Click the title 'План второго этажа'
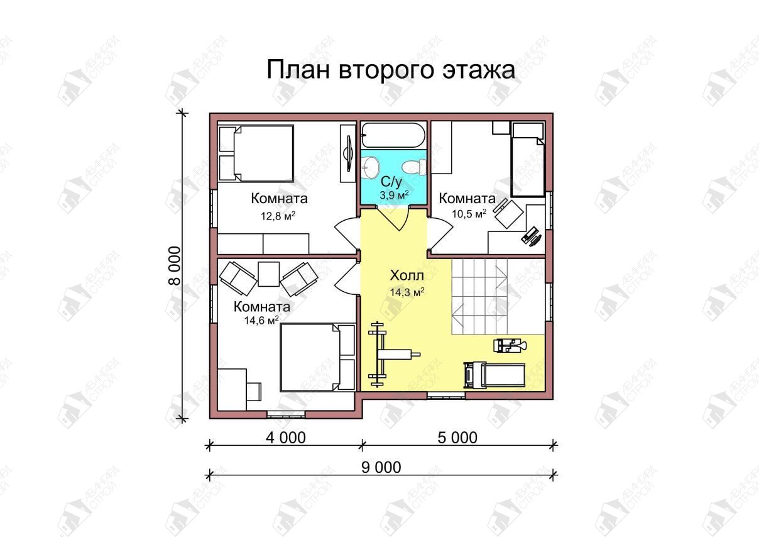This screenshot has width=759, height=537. pos(391,70)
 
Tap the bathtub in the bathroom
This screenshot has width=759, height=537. pos(393,135)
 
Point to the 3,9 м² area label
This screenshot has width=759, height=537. pos(394,194)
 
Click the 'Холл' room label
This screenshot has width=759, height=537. pos(407,275)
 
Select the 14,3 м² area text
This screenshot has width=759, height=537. pos(407,292)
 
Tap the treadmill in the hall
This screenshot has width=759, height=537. pos(494,375)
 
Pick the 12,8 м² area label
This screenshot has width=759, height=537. pos(278,216)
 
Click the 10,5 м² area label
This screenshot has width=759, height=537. pos(469,213)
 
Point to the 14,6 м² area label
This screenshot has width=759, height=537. pos(261,320)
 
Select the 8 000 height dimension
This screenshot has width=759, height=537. pos(175,266)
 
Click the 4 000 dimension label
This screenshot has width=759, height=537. pos(286,438)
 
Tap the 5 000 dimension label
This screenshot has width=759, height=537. pos(457,438)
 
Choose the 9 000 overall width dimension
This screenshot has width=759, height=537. pos(381,467)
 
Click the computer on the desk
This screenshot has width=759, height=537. pos(531,236)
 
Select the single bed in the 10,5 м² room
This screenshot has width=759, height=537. pos(528,159)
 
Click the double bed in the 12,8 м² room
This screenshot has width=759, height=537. pos(256,153)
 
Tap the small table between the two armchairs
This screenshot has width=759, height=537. pos(269,274)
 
